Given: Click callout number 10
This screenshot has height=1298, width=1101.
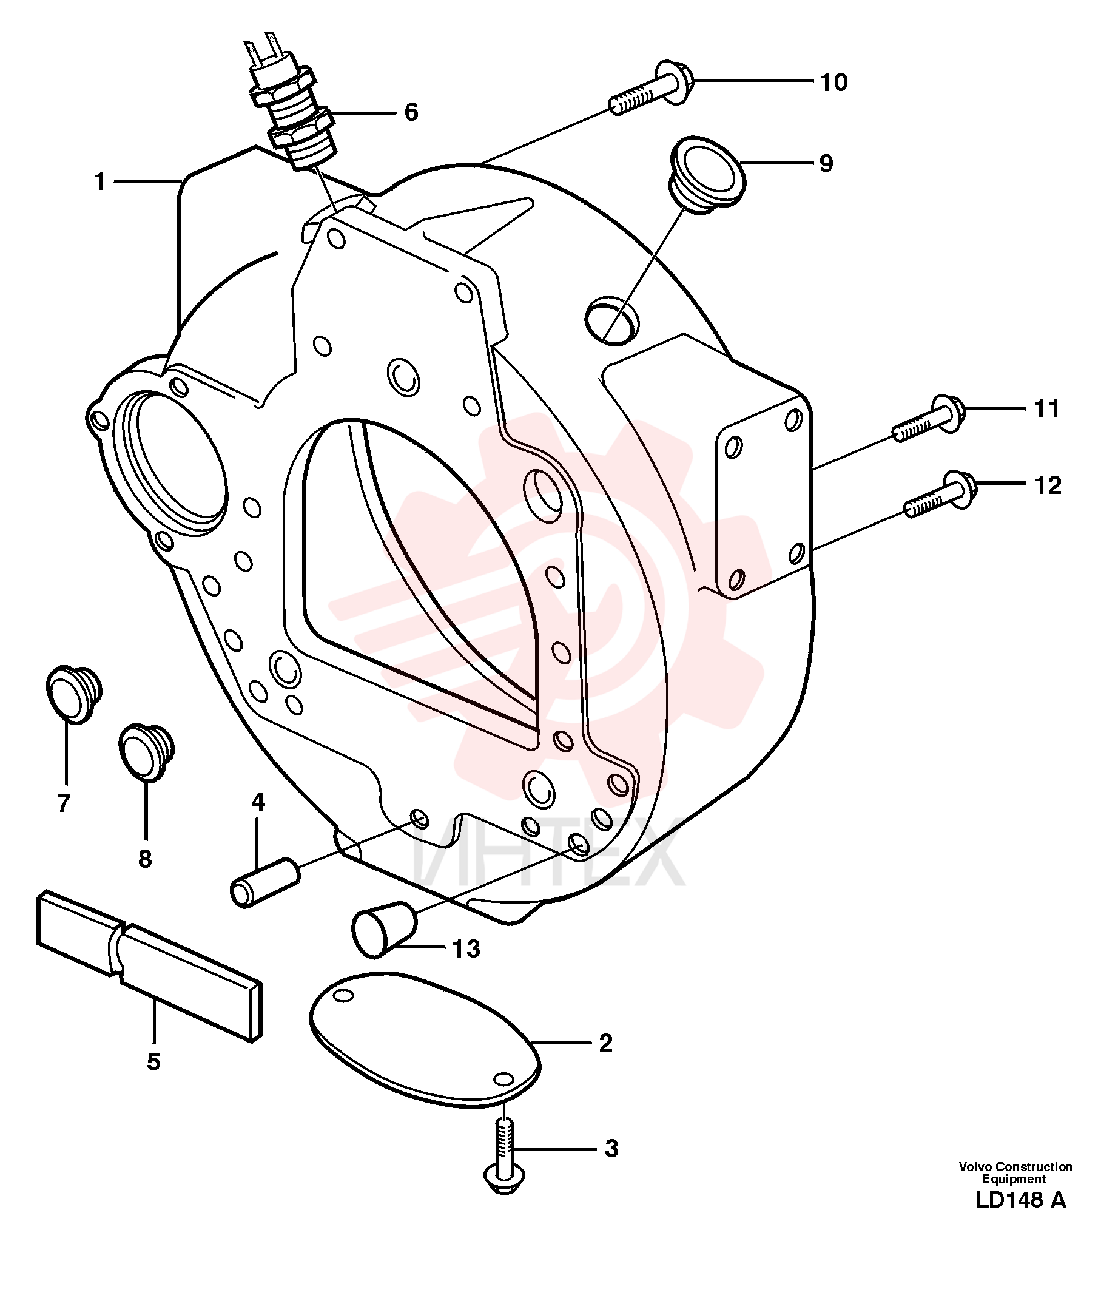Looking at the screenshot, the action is (833, 82).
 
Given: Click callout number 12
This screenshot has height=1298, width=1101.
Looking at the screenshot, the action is (1048, 485).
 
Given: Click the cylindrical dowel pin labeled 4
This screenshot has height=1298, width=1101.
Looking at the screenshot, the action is (265, 882).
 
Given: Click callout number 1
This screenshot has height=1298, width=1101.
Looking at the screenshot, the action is (100, 181).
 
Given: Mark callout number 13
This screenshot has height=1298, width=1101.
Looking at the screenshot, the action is (466, 948).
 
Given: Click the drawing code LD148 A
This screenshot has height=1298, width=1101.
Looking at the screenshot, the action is (1021, 1217).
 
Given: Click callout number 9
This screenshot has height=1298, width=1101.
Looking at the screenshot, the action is (826, 164).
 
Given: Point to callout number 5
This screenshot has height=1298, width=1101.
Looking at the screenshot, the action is (153, 1061).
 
